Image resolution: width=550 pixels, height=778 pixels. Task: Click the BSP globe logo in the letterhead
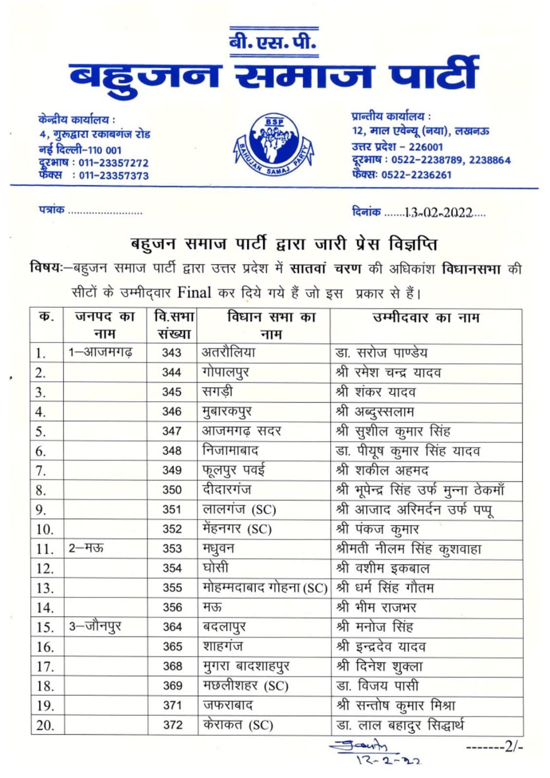coord(274,144)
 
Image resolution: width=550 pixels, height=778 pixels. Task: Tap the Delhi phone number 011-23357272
coord(113,163)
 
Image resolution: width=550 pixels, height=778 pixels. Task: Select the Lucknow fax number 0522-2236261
coord(416,175)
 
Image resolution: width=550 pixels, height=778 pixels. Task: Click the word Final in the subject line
coord(194,293)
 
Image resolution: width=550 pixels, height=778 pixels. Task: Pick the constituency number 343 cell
coord(171,353)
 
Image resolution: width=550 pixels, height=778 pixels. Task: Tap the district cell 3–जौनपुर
coord(95,627)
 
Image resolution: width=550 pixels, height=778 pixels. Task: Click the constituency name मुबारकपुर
coord(227,412)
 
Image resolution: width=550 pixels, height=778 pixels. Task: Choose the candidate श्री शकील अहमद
coord(382,470)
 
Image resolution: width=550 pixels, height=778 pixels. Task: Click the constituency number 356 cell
coord(172,607)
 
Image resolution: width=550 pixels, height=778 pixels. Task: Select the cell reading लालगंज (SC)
coord(239,510)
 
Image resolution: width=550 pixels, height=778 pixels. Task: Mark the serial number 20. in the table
coord(45,725)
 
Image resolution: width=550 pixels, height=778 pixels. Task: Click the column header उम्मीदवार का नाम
coord(426,318)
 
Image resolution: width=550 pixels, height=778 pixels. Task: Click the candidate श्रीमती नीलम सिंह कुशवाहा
coord(408,548)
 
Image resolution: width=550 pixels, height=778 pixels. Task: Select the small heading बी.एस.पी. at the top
coord(274,43)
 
